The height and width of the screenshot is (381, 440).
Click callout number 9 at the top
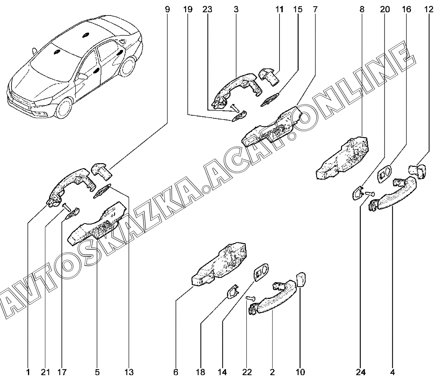[167, 10]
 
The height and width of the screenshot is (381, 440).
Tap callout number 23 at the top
[208, 10]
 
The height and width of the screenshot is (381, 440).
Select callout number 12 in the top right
[428, 10]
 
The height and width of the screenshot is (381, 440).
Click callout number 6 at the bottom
[176, 372]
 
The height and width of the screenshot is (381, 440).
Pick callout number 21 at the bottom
[45, 372]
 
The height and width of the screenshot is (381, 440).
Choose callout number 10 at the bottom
[300, 372]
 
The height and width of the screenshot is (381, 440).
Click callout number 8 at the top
[362, 10]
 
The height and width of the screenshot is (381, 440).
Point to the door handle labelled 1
[71, 183]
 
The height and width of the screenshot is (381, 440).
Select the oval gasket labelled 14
[261, 271]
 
